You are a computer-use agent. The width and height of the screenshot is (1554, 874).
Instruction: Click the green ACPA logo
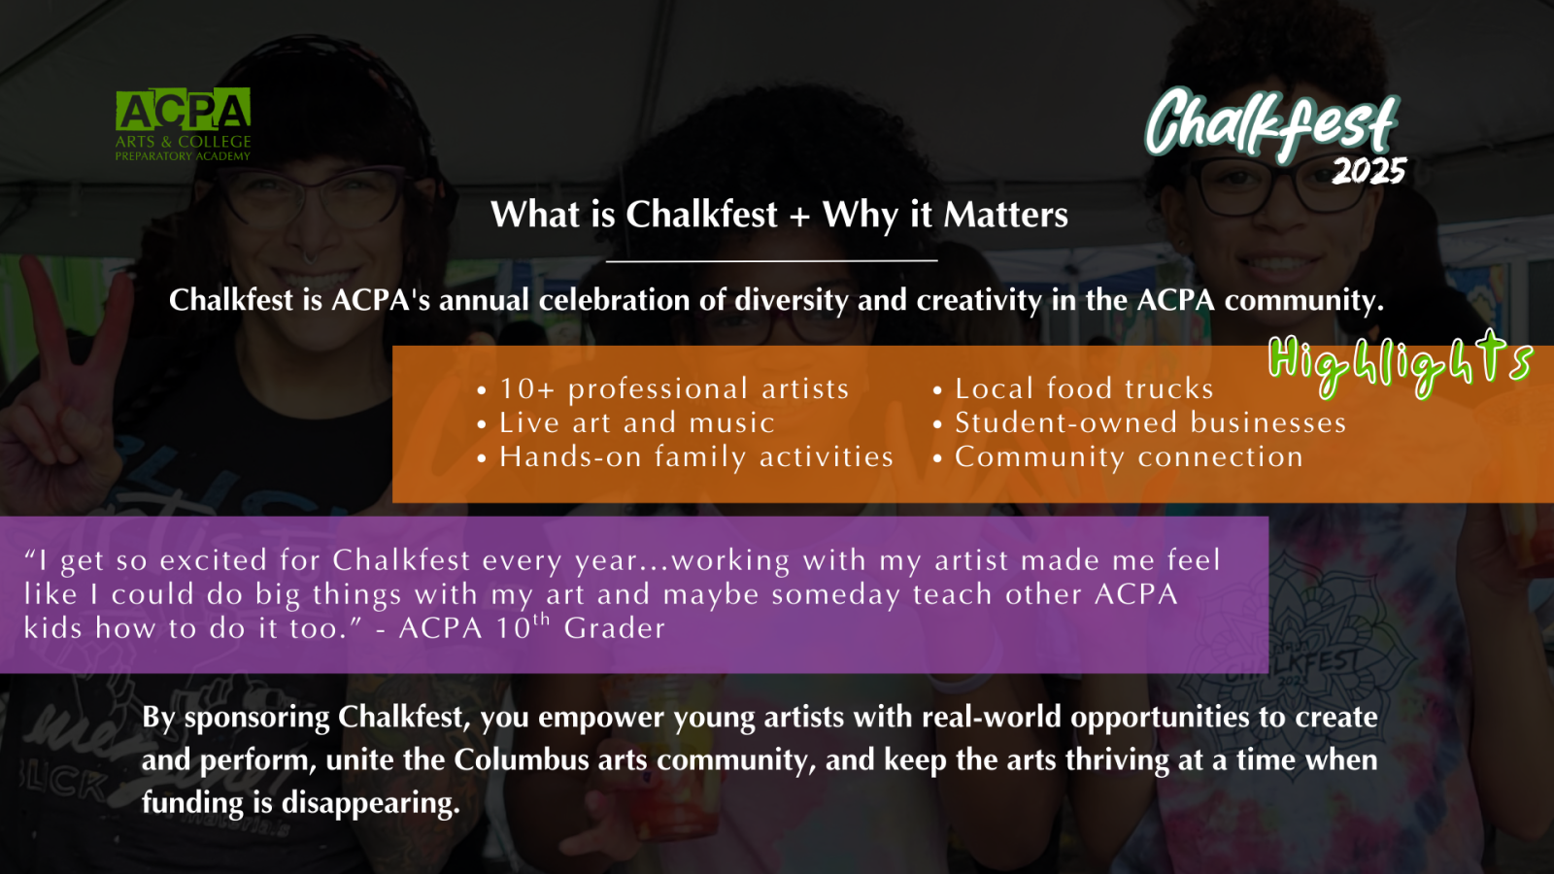coord(184,125)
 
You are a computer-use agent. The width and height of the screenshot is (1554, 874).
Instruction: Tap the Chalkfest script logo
coord(1271,125)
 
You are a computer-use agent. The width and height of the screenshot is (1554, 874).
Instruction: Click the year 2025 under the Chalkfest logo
coord(1368,171)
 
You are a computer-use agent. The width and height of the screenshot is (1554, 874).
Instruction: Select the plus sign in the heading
coord(799,216)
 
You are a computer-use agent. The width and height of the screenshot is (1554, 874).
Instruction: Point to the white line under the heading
coord(771,261)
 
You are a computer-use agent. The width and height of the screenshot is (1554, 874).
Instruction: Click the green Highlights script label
coord(1400,364)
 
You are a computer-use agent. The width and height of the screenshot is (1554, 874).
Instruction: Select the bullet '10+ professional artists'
coord(663,389)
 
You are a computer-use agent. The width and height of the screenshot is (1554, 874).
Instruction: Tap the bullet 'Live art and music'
coord(626,423)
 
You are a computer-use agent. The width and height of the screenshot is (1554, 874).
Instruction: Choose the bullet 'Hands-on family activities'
coord(686,457)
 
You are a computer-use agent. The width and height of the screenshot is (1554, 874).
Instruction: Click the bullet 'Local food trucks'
coord(1073,389)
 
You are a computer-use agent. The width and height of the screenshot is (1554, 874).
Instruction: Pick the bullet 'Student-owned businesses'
coord(1140,423)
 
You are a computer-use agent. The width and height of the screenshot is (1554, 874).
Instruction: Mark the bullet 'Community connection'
coord(1118,457)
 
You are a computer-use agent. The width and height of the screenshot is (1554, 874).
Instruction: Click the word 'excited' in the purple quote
coord(213,560)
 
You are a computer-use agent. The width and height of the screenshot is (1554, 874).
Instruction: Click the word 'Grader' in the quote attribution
coord(614,628)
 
